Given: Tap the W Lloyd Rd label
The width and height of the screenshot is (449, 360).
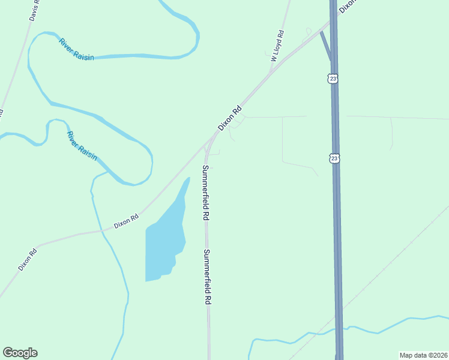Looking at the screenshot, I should click(277, 46).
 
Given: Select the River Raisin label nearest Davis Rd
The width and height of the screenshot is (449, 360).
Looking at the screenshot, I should click(76, 50).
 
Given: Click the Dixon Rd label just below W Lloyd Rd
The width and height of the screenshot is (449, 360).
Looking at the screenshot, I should click(229, 118).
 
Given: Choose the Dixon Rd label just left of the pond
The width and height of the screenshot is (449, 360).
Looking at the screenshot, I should click(127, 222).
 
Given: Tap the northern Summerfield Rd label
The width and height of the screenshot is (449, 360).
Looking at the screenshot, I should click(205, 191).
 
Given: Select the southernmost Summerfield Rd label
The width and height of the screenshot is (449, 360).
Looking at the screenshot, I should click(207, 277).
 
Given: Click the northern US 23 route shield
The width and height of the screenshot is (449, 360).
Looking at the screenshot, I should click(334, 79).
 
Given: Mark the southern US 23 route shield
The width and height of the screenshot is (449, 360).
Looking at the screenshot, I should click(335, 158).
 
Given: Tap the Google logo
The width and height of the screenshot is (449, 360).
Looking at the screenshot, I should click(20, 353).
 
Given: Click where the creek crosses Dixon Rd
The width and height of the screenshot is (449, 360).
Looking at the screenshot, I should click(102, 230).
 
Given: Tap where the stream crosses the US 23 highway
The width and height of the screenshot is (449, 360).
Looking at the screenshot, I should click(339, 329).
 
